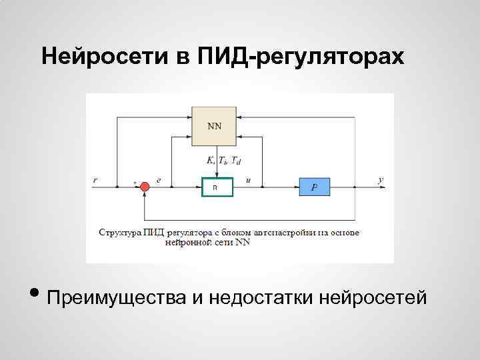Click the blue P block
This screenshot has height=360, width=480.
pyautogui.click(x=314, y=187)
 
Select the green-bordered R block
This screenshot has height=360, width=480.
pyautogui.click(x=217, y=188)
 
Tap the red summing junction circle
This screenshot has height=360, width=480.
pyautogui.click(x=145, y=187)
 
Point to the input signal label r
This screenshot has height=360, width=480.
pyautogui.click(x=95, y=180)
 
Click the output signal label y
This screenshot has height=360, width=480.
pyautogui.click(x=380, y=180)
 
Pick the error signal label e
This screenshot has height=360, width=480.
pyautogui.click(x=158, y=180)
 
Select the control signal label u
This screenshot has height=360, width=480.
pyautogui.click(x=249, y=180)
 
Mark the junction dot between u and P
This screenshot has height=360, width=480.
pyautogui.click(x=265, y=187)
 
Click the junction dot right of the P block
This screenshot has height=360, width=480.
pyautogui.click(x=355, y=187)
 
